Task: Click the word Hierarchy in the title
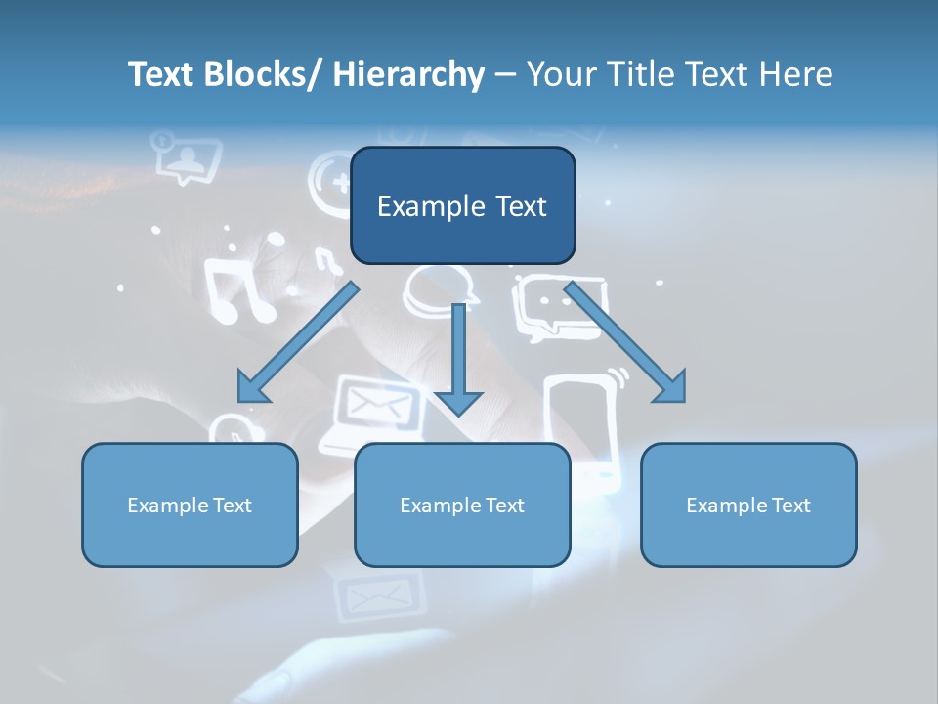click(408, 74)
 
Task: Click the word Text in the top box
click(521, 206)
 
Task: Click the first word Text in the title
click(161, 74)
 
